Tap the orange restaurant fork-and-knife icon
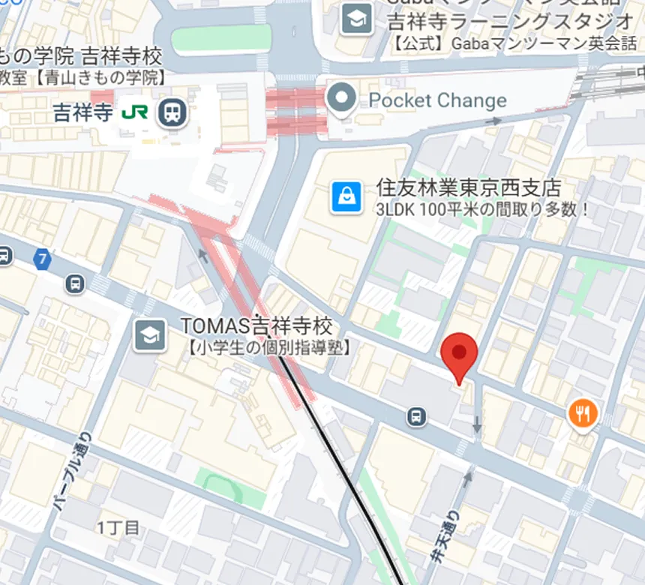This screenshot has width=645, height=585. [x=583, y=412]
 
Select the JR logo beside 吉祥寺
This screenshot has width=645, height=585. [x=135, y=113]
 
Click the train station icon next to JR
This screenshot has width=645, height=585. [x=172, y=113]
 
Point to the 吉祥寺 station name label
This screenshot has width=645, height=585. [x=82, y=113]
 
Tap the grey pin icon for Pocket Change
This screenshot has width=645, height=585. [x=343, y=100]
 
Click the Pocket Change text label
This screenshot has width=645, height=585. [x=437, y=100]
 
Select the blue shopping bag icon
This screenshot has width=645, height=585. [x=346, y=197]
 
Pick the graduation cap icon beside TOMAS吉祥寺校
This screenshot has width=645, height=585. [x=150, y=336]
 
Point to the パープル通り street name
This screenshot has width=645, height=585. [x=72, y=472]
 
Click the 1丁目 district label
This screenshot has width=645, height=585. [x=118, y=528]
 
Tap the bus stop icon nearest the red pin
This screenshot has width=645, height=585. [x=415, y=415]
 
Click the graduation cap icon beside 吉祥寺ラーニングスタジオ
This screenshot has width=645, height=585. [x=357, y=19]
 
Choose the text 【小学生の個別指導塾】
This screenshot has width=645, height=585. [x=268, y=347]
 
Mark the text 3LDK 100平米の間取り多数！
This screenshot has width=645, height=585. [x=483, y=209]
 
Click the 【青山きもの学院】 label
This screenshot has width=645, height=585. [x=90, y=76]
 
